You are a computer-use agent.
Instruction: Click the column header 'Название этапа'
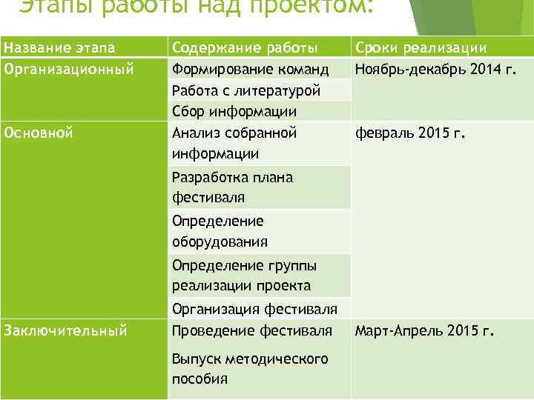pyautogui.click(x=59, y=48)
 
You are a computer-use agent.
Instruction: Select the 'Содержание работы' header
pyautogui.click(x=245, y=48)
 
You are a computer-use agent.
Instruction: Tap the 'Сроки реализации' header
pyautogui.click(x=421, y=48)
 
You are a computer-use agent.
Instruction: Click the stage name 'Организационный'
pyautogui.click(x=69, y=70)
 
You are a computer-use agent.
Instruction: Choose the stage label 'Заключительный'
pyautogui.click(x=66, y=330)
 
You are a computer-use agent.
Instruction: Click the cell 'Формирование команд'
pyautogui.click(x=250, y=70)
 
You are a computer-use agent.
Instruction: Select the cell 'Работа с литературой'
pyautogui.click(x=246, y=90)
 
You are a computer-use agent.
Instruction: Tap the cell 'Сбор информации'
pyautogui.click(x=234, y=112)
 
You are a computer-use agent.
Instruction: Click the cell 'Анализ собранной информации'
pyautogui.click(x=234, y=144)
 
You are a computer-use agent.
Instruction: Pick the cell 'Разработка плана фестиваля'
pyautogui.click(x=232, y=187)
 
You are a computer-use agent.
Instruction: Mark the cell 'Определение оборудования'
pyautogui.click(x=220, y=231)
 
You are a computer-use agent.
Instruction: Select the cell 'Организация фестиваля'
pyautogui.click(x=254, y=308)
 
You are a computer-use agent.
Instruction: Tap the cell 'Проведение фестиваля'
pyautogui.click(x=252, y=330)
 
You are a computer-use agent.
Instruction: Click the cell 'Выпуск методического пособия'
pyautogui.click(x=249, y=368)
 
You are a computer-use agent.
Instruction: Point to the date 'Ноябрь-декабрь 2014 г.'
pyautogui.click(x=435, y=70)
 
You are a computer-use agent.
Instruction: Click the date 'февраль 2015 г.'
pyautogui.click(x=409, y=133)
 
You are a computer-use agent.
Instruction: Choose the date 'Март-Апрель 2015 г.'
pyautogui.click(x=424, y=330)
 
